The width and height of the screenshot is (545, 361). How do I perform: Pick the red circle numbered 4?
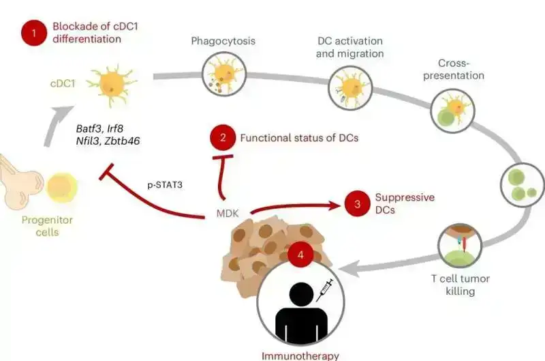pyautogui.click(x=300, y=256)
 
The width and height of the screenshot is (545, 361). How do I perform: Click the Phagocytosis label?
pyautogui.click(x=223, y=41)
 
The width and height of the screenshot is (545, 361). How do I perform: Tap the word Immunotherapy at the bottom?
pyautogui.click(x=300, y=355)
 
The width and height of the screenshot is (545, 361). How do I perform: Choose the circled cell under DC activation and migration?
pyautogui.click(x=350, y=88)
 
